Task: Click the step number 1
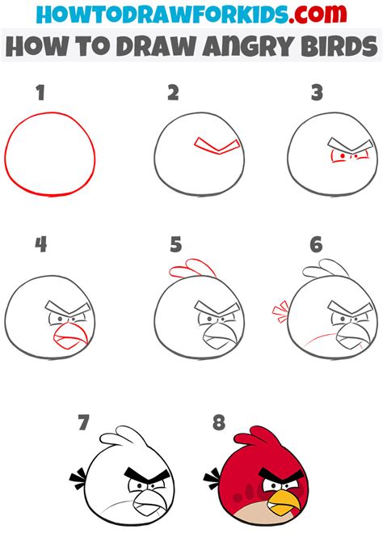pyautogui.click(x=39, y=93)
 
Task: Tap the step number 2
pyautogui.click(x=173, y=93)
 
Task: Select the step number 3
pyautogui.click(x=317, y=93)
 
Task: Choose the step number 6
pyautogui.click(x=316, y=243)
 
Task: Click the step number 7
pyautogui.click(x=83, y=422)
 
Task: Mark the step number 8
pyautogui.click(x=217, y=422)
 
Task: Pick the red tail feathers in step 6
pyautogui.click(x=280, y=311)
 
